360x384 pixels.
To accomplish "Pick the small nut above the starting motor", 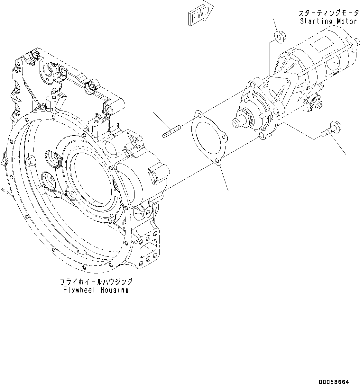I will [x=279, y=36].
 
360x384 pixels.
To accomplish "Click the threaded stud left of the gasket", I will [x=171, y=132].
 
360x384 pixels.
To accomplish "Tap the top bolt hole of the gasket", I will [x=199, y=114].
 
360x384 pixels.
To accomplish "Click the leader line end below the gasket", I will [x=228, y=191].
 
